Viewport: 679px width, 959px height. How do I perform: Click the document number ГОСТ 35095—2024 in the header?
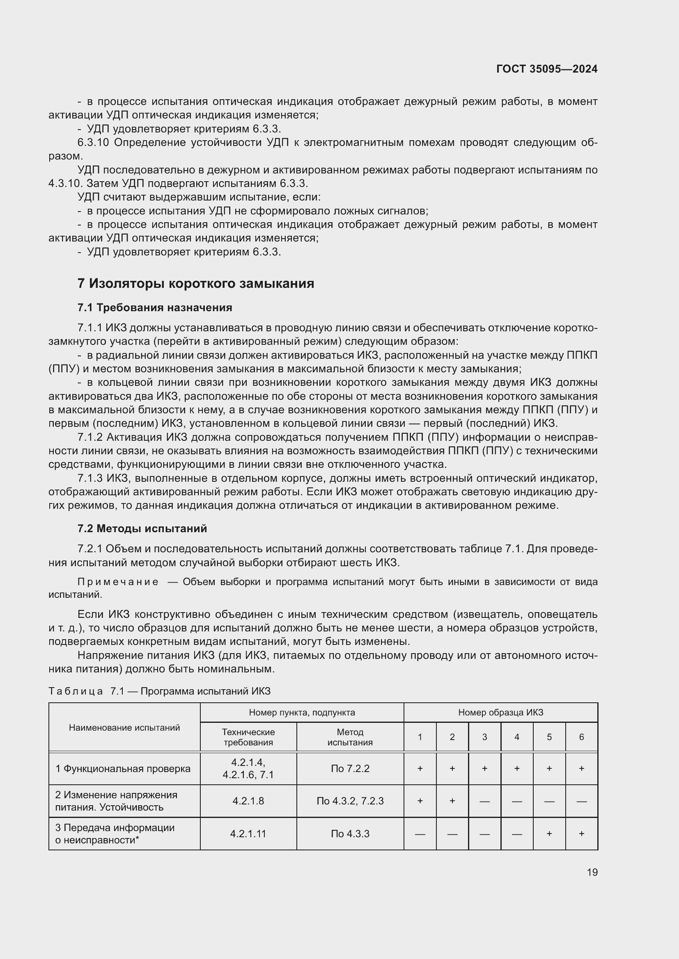(x=546, y=69)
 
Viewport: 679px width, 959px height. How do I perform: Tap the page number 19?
(x=592, y=872)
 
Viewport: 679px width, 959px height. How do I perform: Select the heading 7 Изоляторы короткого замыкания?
(x=196, y=284)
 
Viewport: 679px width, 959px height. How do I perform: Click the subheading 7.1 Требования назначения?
(x=155, y=308)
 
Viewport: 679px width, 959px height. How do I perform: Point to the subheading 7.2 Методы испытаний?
(x=142, y=529)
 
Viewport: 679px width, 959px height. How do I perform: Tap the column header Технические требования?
(x=248, y=737)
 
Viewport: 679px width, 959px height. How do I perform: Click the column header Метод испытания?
(x=350, y=737)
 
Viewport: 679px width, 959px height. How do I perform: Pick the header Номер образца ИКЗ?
(x=500, y=713)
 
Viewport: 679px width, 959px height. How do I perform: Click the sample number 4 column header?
(x=517, y=737)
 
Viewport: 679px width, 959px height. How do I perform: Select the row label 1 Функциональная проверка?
(x=123, y=769)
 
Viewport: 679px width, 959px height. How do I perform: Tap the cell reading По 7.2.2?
(x=350, y=769)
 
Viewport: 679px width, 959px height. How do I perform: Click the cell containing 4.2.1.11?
(x=248, y=834)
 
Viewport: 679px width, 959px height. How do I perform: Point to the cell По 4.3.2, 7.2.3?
(x=350, y=801)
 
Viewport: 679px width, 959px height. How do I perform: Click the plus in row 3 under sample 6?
(x=581, y=834)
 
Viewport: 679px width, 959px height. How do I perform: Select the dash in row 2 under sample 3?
(x=484, y=802)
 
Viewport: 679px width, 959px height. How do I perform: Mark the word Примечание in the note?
(x=118, y=582)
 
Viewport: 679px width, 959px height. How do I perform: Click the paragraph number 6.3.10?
(x=93, y=143)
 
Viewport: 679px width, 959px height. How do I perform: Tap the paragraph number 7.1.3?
(x=90, y=478)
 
